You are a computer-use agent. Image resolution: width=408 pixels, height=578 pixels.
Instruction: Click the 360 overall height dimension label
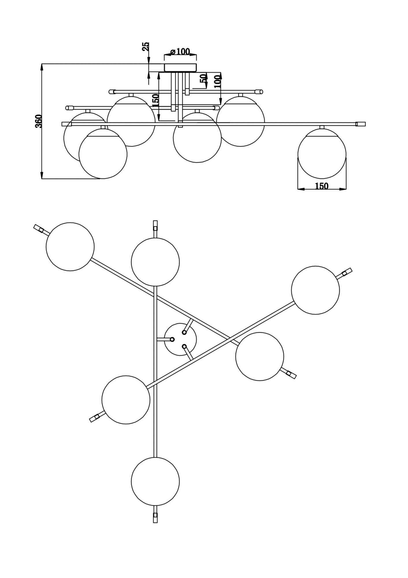(39, 121)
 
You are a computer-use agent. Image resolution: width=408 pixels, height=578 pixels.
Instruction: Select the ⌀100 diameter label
(180, 52)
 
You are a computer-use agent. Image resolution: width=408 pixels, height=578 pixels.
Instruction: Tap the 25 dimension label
(146, 47)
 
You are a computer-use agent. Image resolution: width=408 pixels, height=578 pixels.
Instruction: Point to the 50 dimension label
(203, 78)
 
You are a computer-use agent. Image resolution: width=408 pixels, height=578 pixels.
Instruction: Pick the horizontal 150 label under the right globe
(322, 186)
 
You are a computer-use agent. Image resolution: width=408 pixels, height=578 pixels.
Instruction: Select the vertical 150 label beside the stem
(155, 100)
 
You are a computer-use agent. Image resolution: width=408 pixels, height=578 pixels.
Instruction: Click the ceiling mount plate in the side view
(180, 67)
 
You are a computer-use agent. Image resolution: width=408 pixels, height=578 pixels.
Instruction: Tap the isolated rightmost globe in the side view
(322, 153)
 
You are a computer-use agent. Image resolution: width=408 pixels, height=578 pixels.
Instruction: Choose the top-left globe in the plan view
(70, 247)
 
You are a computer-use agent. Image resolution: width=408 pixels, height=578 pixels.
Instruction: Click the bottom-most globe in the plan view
(155, 481)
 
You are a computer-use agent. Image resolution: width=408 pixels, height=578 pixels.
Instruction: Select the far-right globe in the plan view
(315, 290)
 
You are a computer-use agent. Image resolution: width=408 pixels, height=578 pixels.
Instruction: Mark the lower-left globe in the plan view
(126, 400)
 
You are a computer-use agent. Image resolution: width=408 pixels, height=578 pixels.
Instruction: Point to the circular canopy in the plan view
(180, 339)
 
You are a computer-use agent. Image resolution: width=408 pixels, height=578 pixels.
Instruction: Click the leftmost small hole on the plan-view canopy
(172, 339)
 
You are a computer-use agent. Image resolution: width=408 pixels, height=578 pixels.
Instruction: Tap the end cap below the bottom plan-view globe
(155, 518)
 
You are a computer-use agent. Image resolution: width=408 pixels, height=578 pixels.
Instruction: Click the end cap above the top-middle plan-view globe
(155, 225)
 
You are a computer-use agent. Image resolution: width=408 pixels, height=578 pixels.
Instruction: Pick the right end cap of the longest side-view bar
(361, 124)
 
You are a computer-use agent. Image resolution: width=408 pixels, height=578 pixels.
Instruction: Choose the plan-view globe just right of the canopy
(260, 356)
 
